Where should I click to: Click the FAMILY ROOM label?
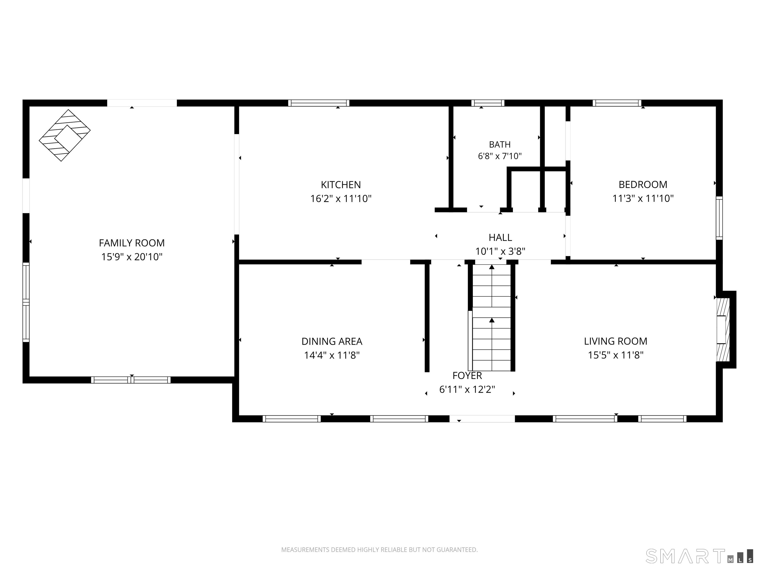[x=132, y=243]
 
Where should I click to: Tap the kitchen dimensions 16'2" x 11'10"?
[x=341, y=199]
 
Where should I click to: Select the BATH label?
[x=500, y=144]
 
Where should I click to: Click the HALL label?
[x=500, y=237]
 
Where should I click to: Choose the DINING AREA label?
[x=332, y=341]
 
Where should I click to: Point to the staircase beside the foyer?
[x=492, y=317]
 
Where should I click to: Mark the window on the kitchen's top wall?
[x=319, y=103]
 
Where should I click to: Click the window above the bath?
[x=487, y=103]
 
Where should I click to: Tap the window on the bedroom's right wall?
[x=719, y=218]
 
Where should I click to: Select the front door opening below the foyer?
[x=482, y=419]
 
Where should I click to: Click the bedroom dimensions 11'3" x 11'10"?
[x=643, y=198]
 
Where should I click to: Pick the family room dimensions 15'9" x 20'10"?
[x=132, y=257]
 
